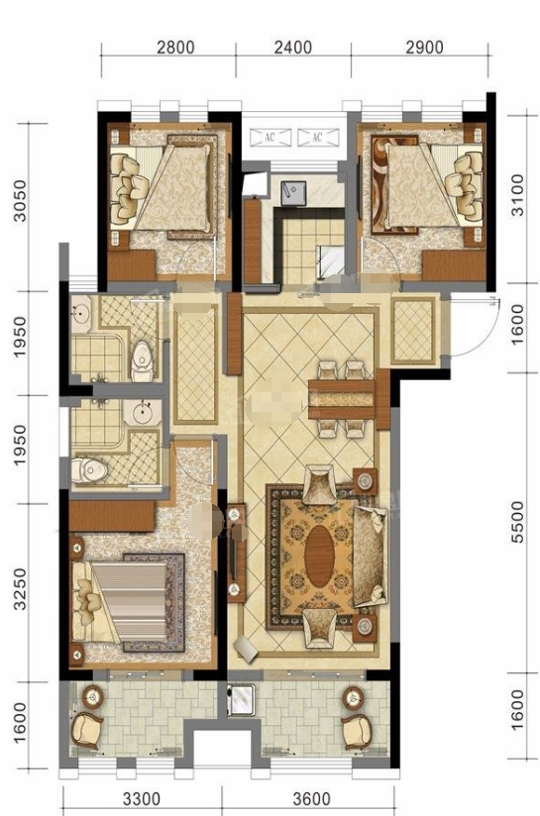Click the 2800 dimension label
pos(175,48)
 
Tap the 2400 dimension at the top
pos(293,48)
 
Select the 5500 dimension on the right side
pos(518,522)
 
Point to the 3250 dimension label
pos(20,588)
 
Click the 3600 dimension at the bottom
pos(312,798)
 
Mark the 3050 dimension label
pos(20,201)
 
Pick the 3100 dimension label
pos(517,195)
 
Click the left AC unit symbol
pos(270,138)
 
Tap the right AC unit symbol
pos(318,138)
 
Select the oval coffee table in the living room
pos(319,557)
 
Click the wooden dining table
pos(342,399)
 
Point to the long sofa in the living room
pos(371,557)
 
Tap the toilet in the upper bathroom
pos(142,360)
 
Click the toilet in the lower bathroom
pos(89,470)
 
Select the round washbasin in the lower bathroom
pos(143,414)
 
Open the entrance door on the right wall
pos(472,325)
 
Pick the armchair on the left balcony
pos(87,730)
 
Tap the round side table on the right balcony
pos(353,697)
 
